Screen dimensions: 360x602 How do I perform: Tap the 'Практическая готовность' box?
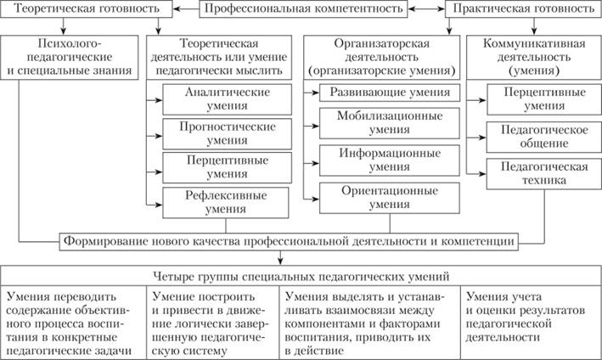pyautogui.click(x=523, y=10)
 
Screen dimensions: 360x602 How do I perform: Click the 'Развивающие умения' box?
pyautogui.click(x=390, y=93)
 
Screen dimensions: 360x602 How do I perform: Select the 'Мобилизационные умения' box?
pyautogui.click(x=390, y=123)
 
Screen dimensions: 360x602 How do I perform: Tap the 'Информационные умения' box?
pyautogui.click(x=390, y=161)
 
